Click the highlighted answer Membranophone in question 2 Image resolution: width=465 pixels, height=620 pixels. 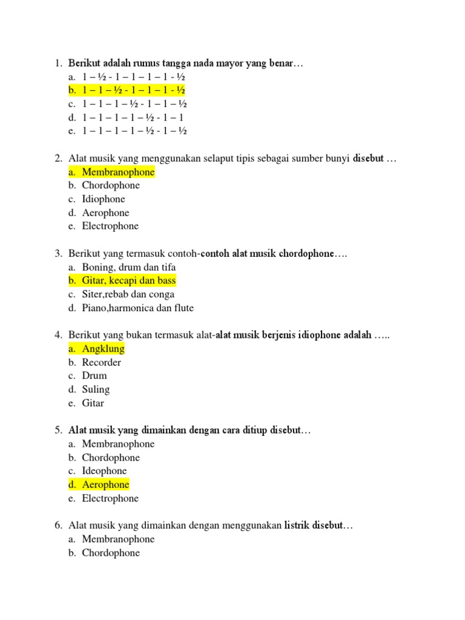tap(118, 172)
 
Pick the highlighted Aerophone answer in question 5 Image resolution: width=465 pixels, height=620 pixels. tap(105, 485)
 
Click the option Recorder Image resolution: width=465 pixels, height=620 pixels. tap(101, 363)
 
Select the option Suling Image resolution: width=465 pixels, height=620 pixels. tap(96, 389)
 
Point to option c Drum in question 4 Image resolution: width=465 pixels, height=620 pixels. tap(94, 376)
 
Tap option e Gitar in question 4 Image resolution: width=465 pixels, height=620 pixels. tap(93, 403)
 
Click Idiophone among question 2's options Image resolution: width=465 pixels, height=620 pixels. tap(104, 199)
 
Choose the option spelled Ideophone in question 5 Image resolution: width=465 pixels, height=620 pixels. tap(104, 471)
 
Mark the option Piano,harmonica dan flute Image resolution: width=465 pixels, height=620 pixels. tap(137, 308)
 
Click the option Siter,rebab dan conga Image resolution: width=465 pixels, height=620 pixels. tap(128, 294)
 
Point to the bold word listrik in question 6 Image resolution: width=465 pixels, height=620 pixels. tap(297, 526)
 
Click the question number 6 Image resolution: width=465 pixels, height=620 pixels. tap(58, 526)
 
